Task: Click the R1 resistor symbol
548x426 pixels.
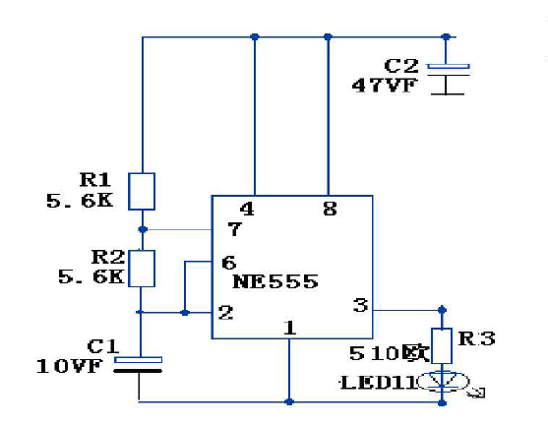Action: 142,192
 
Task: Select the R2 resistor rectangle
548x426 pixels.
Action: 142,269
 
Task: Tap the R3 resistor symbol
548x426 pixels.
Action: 442,345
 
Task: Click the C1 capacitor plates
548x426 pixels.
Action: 138,365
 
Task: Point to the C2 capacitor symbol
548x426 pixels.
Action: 449,79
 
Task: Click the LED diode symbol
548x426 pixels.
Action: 443,381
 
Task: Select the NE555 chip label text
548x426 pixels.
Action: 275,281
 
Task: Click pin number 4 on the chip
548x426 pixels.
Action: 247,209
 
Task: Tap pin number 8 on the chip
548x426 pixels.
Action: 331,209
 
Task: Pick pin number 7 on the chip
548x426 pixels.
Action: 234,229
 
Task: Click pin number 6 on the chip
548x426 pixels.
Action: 229,263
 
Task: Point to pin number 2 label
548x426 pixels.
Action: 225,313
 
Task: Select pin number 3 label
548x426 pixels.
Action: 361,305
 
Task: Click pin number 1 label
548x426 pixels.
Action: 289,328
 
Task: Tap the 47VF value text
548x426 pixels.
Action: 385,86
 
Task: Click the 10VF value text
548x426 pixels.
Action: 69,366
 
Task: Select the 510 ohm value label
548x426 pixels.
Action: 390,353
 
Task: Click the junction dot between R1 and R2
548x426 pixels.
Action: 143,229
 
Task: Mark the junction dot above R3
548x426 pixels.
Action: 442,310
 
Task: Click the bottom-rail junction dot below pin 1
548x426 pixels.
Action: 289,401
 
